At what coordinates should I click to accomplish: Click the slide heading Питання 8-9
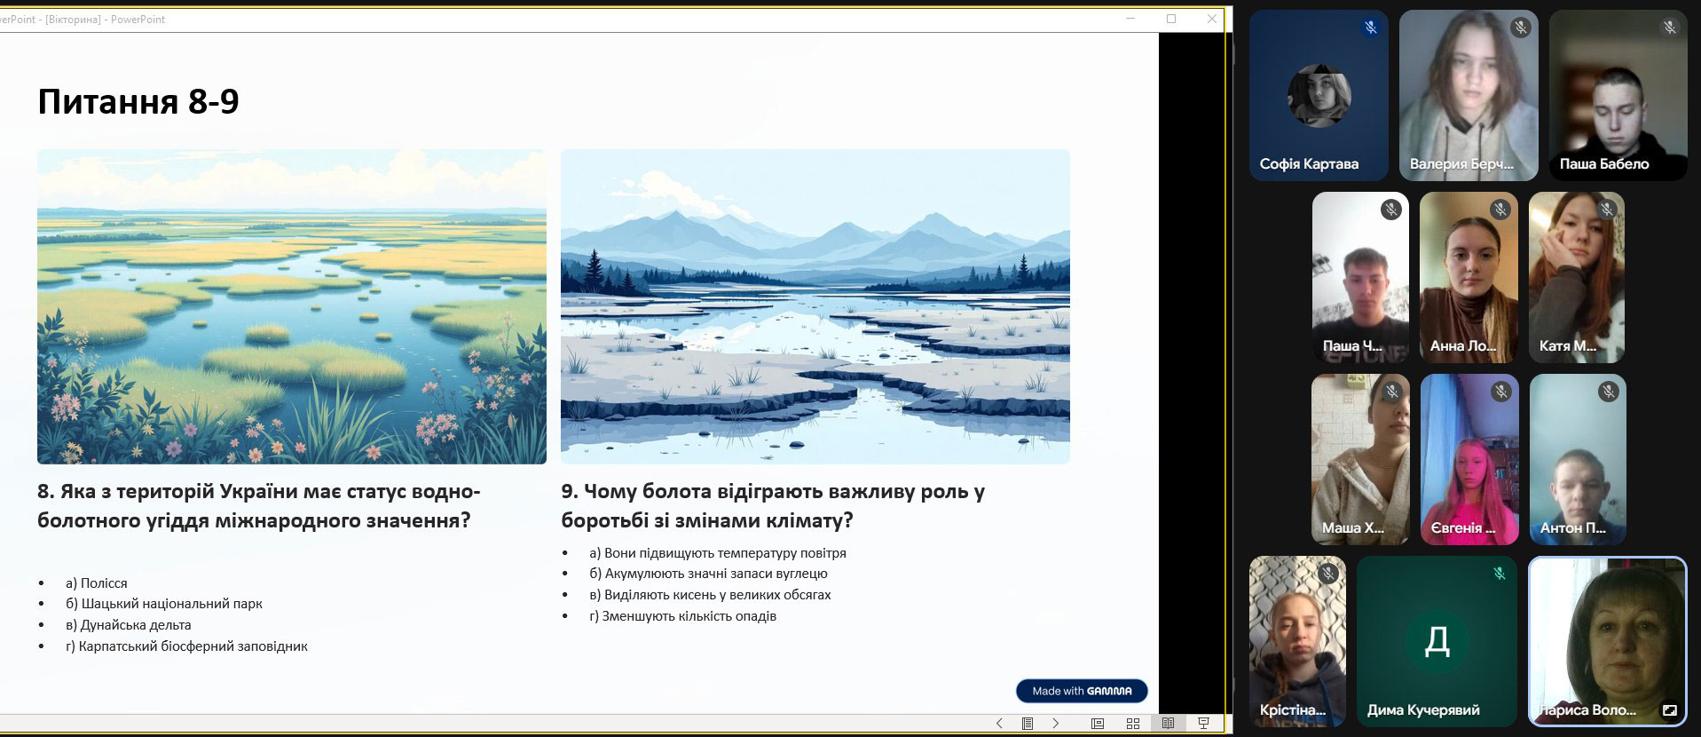click(x=138, y=102)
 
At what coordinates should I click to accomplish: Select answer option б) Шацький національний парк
click(x=164, y=604)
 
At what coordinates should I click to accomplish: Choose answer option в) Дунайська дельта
click(x=129, y=625)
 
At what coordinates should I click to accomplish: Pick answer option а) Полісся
click(x=97, y=583)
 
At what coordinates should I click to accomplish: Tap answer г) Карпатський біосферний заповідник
click(x=186, y=646)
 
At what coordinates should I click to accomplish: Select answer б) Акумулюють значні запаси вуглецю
click(x=708, y=574)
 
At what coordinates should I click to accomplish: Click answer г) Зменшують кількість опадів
click(x=682, y=616)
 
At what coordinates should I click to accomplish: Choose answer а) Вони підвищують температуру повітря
click(x=718, y=553)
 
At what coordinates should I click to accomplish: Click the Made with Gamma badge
click(x=1082, y=691)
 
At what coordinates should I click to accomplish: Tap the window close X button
click(x=1212, y=19)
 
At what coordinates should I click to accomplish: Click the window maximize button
click(x=1171, y=19)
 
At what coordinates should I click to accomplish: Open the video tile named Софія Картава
click(x=1319, y=95)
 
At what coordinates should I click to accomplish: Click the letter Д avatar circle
click(x=1437, y=640)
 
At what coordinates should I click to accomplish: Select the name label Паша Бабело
click(x=1604, y=164)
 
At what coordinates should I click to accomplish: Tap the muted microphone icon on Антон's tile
click(x=1608, y=391)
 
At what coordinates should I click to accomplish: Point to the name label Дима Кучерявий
click(x=1423, y=710)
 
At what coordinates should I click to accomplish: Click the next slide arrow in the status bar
click(x=1055, y=724)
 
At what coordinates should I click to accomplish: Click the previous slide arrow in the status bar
click(x=999, y=724)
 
